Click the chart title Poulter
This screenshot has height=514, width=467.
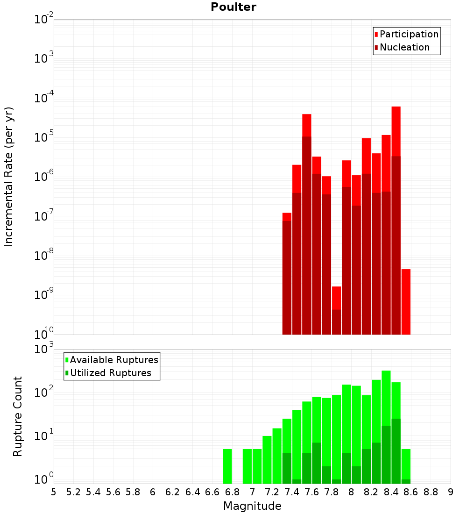(233, 7)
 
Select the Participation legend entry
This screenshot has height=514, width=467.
(406, 34)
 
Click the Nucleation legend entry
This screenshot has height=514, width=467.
(402, 47)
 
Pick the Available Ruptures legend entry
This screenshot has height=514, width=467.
(112, 360)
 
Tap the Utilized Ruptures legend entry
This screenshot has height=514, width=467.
(108, 373)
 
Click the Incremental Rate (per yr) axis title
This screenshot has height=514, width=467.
(9, 177)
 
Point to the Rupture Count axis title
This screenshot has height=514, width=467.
(18, 417)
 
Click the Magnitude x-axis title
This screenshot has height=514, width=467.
(252, 506)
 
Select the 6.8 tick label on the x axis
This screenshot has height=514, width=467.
(232, 493)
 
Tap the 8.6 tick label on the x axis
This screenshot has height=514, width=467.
(410, 493)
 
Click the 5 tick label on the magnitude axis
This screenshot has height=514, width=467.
(54, 493)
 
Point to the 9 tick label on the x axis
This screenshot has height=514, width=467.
(451, 493)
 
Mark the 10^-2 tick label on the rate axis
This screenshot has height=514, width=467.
(43, 18)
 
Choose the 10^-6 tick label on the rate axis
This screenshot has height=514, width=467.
(43, 176)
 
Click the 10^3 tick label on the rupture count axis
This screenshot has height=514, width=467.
(43, 348)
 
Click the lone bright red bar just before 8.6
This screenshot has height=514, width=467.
(406, 302)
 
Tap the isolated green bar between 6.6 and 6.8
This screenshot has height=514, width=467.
(227, 466)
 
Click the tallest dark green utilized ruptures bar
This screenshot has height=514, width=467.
(396, 451)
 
